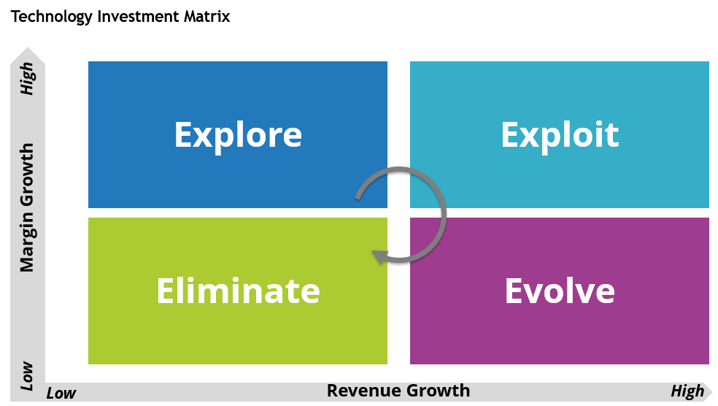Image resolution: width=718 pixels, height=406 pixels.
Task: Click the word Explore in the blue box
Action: (x=238, y=135)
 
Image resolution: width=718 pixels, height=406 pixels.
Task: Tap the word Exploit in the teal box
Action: (x=560, y=135)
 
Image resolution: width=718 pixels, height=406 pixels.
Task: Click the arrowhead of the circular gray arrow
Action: (x=377, y=256)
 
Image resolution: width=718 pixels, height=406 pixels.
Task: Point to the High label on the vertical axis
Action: (x=27, y=78)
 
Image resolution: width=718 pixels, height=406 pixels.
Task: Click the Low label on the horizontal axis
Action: (x=61, y=393)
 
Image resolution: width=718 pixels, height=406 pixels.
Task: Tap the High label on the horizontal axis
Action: (x=687, y=391)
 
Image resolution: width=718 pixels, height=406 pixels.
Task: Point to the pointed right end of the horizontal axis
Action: (x=711, y=391)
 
